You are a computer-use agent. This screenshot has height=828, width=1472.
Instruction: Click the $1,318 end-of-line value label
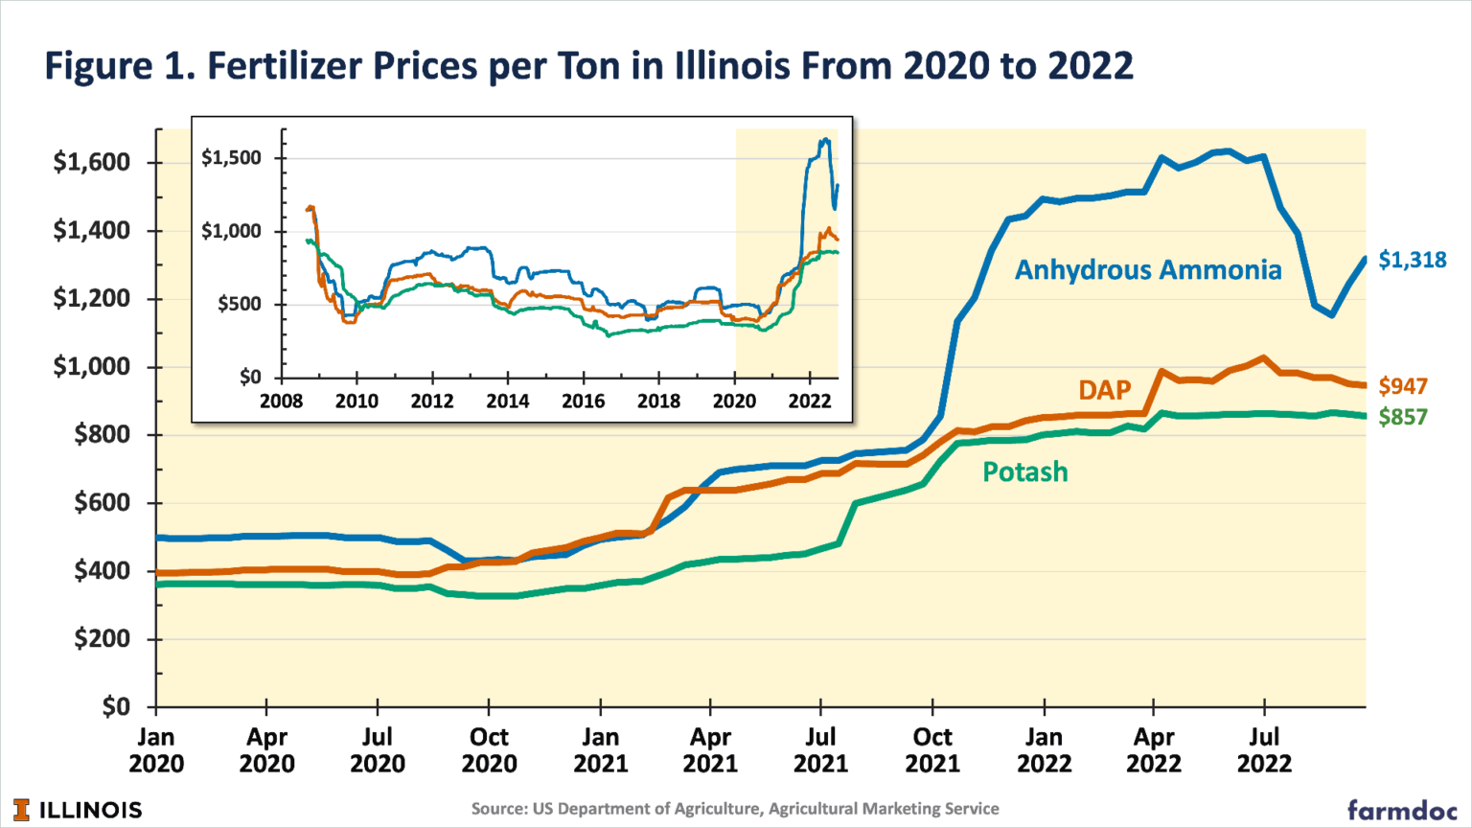1412,260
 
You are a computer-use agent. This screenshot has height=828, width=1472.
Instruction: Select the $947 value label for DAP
1403,386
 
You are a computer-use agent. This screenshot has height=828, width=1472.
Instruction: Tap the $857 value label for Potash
1403,417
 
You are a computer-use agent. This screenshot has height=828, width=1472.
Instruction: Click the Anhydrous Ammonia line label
1147,270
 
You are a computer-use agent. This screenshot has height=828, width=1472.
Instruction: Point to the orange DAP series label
1104,390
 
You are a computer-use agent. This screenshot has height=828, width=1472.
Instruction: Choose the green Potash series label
1024,472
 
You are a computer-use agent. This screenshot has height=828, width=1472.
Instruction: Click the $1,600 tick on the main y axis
91,163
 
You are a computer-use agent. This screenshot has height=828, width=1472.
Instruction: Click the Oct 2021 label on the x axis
932,750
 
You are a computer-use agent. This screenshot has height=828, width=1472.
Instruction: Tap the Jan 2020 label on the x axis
156,750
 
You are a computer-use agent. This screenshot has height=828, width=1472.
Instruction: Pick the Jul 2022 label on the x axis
1264,750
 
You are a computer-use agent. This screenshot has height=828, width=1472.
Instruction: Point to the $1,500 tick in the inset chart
231,158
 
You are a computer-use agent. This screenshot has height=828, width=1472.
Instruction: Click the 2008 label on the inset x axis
281,401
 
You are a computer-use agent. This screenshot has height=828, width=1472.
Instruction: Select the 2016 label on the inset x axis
583,401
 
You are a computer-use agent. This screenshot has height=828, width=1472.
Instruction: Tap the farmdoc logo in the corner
1402,810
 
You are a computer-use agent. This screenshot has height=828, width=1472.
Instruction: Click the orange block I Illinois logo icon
21,810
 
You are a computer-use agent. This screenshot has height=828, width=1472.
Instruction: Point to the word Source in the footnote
498,809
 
